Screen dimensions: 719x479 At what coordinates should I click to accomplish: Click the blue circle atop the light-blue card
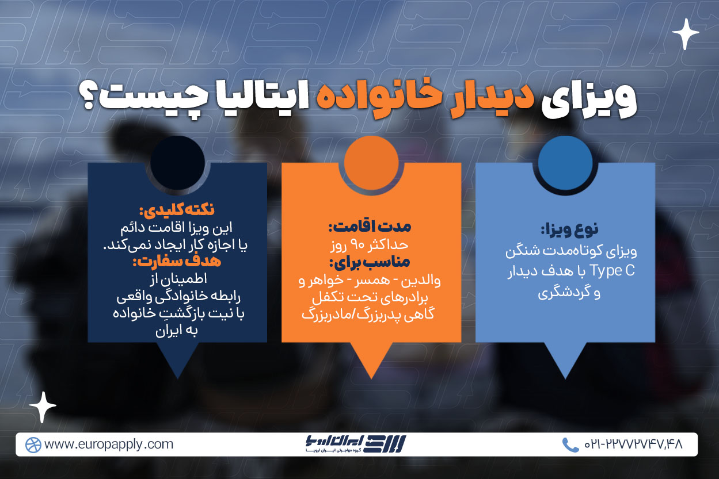point(565,163)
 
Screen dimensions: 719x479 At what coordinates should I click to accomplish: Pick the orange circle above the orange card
point(371,163)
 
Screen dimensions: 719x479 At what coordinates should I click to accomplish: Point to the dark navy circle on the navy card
point(177,163)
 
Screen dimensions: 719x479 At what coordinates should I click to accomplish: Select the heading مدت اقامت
point(370,227)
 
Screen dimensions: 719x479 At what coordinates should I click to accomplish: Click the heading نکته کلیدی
point(177,210)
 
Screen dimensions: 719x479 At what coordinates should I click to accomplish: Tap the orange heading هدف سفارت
point(177,261)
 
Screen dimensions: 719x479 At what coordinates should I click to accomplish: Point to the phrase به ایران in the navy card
point(176,330)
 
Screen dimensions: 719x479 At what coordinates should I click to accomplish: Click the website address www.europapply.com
point(109,444)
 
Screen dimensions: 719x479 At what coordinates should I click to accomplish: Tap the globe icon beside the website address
point(33,445)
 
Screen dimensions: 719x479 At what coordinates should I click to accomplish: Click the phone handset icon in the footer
point(570,445)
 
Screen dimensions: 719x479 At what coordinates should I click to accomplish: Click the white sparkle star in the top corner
point(685,34)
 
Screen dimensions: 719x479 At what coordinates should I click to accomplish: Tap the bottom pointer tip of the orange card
point(371,378)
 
